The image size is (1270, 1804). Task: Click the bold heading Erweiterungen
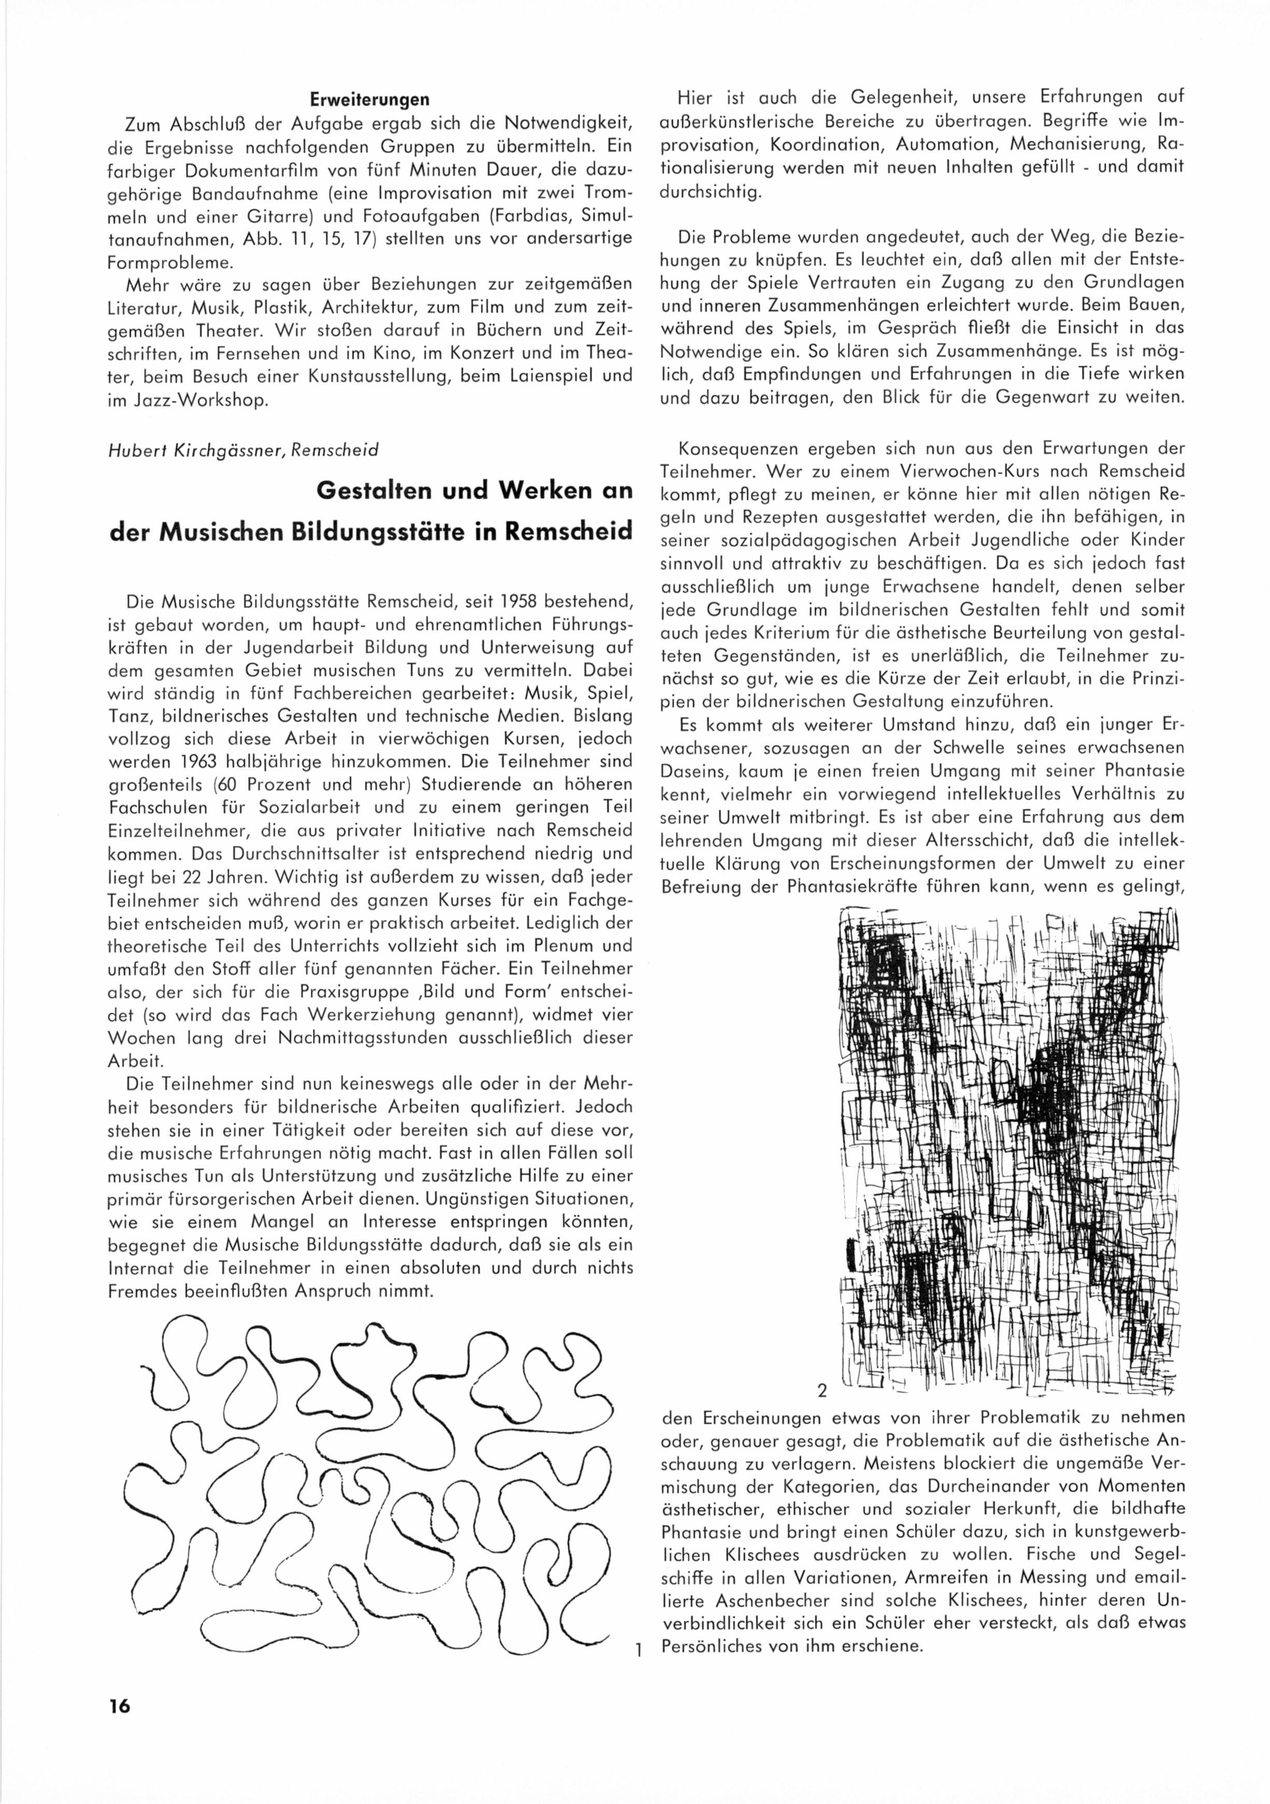369,100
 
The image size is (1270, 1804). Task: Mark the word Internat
140,1267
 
